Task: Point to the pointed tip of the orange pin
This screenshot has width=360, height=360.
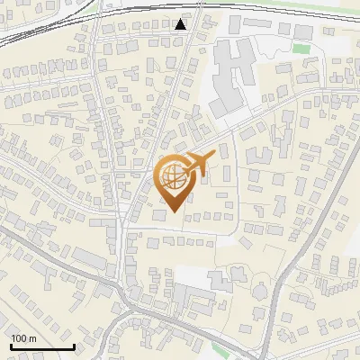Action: [173, 212]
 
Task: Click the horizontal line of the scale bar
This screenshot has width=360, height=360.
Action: [42, 346]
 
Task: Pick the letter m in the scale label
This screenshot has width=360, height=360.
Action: [32, 338]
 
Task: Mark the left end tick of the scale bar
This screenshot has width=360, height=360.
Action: [12, 345]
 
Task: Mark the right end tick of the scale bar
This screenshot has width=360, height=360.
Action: [74, 345]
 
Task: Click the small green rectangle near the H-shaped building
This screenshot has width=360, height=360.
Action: [301, 49]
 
